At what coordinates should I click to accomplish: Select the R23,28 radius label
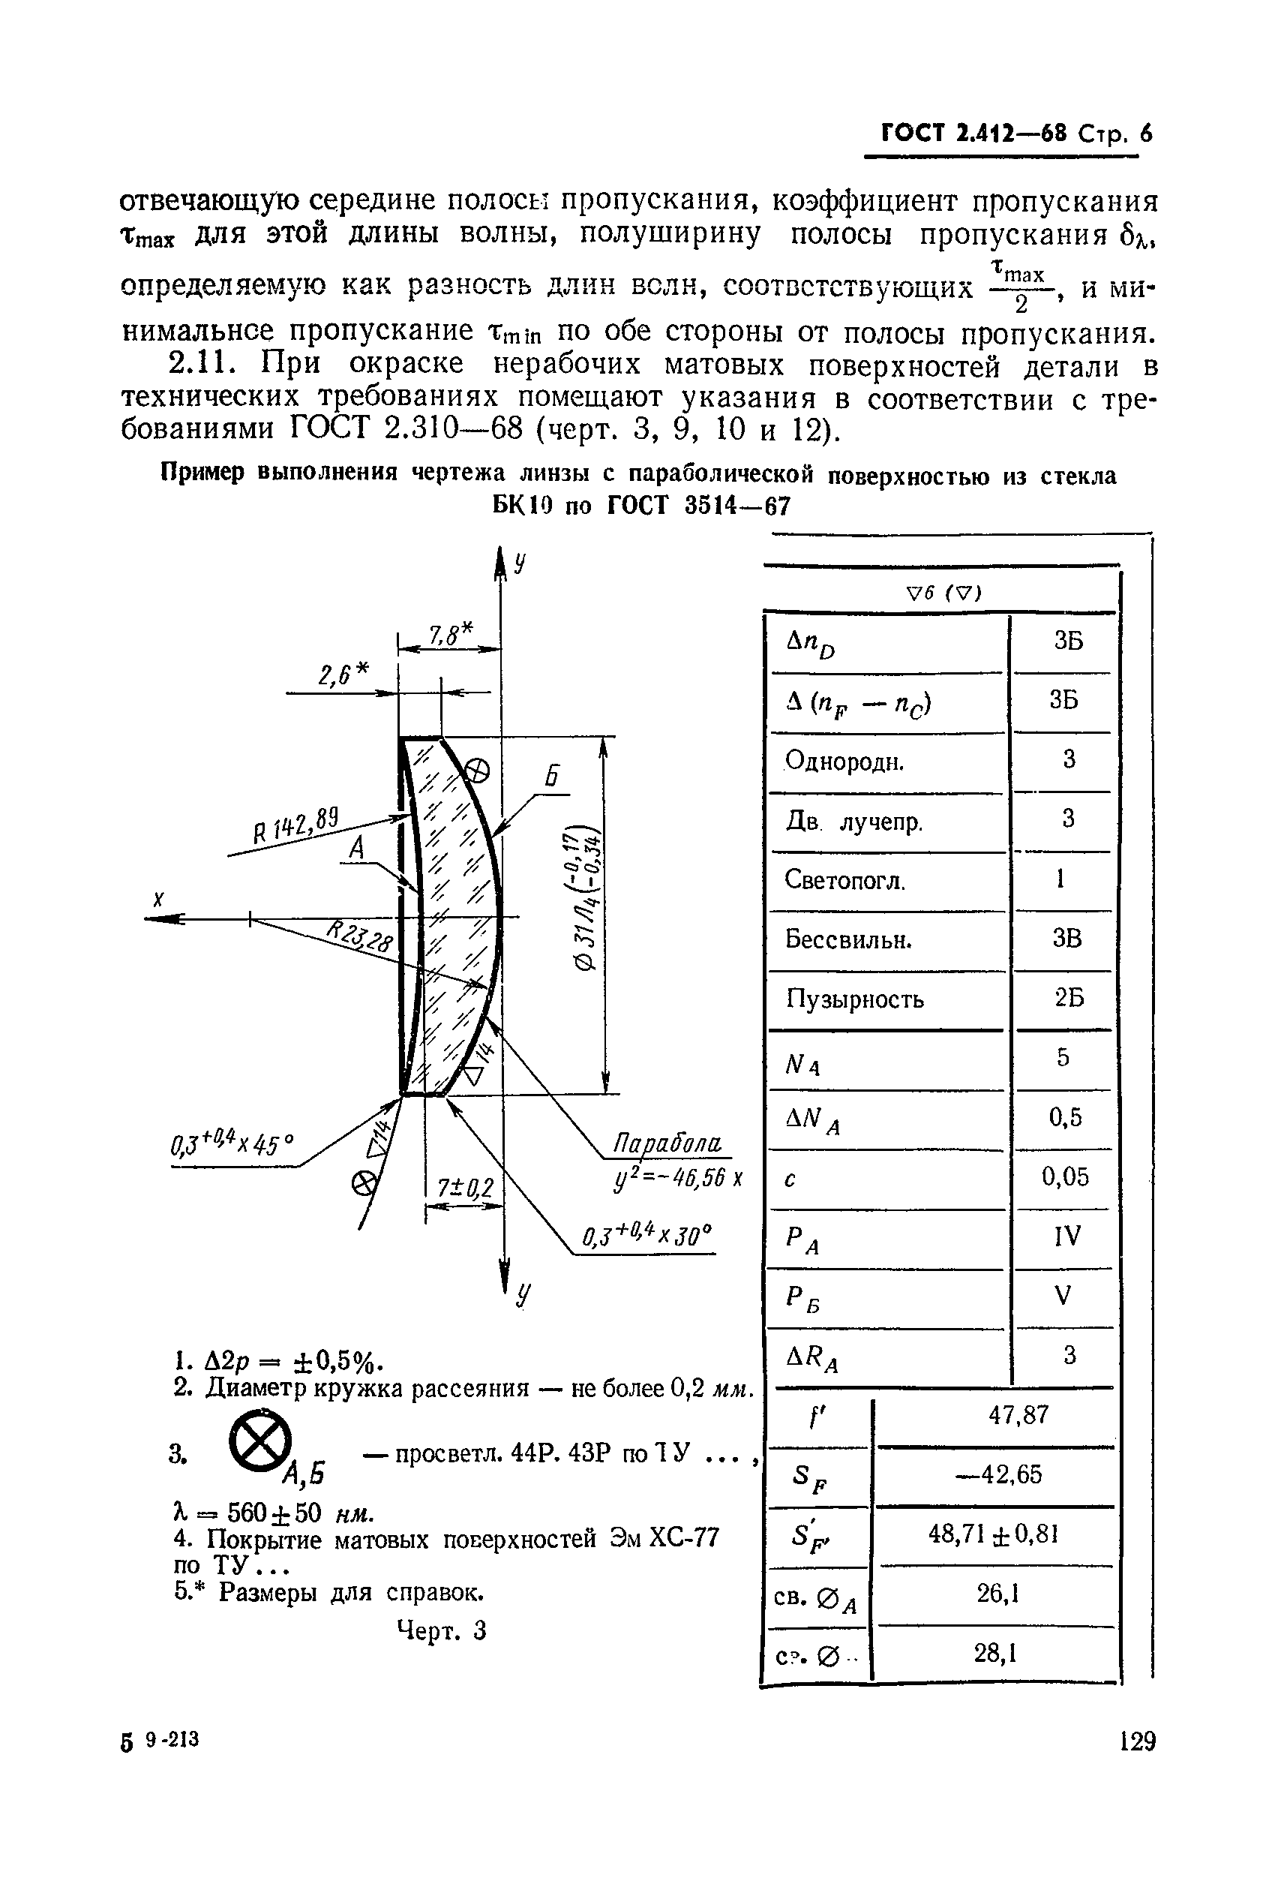click(x=360, y=936)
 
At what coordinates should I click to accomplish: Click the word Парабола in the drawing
click(x=667, y=1143)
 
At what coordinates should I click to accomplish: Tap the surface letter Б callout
click(x=552, y=777)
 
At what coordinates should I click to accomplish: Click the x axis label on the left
click(x=159, y=900)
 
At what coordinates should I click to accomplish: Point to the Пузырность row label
click(x=855, y=999)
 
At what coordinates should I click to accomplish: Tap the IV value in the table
click(x=1066, y=1236)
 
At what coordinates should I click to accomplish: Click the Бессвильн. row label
click(x=848, y=940)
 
